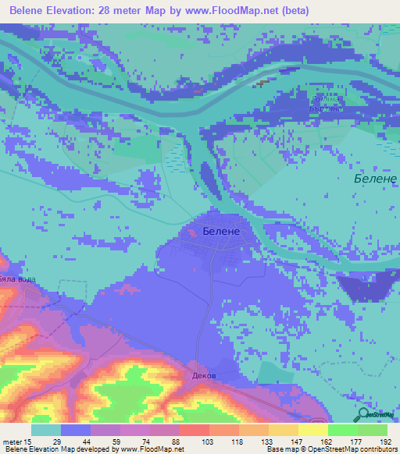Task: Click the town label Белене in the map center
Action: [220, 232]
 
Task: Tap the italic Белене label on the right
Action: [370, 179]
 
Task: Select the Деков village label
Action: [203, 375]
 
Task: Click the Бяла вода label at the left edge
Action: [17, 278]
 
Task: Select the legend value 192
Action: [384, 442]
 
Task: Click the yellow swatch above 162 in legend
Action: [312, 430]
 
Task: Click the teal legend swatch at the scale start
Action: [46, 430]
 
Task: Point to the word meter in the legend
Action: [13, 442]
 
